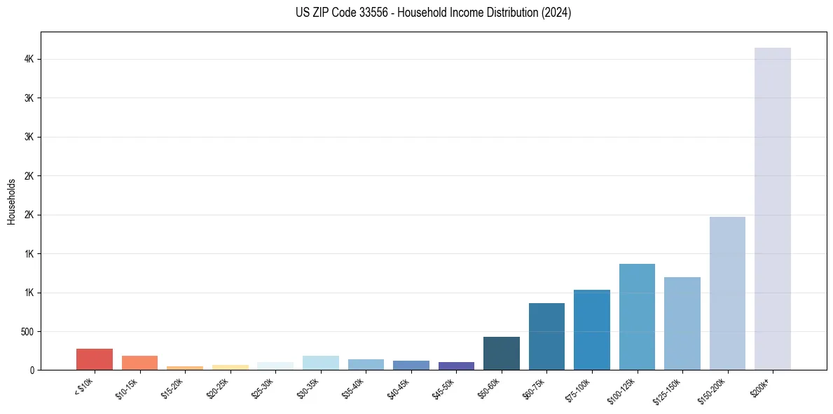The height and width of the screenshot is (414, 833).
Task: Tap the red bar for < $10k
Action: pyautogui.click(x=94, y=359)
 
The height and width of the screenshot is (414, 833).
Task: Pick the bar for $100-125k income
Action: pyautogui.click(x=637, y=316)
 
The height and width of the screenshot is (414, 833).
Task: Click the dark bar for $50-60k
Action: pyautogui.click(x=501, y=353)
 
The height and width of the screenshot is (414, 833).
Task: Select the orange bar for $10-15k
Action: pyautogui.click(x=139, y=363)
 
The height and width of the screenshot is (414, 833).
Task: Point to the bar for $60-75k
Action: pyautogui.click(x=546, y=336)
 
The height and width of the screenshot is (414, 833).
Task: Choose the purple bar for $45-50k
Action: pyautogui.click(x=456, y=366)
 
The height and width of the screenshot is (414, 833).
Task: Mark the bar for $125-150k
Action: pyautogui.click(x=682, y=323)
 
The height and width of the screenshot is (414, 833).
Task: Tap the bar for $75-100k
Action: pyautogui.click(x=591, y=330)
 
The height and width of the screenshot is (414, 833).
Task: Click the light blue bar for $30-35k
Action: pyautogui.click(x=320, y=363)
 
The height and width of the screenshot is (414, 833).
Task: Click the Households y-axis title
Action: pyautogui.click(x=11, y=201)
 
